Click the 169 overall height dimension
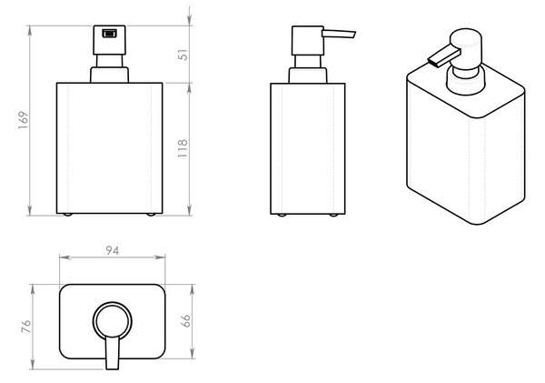pyautogui.click(x=24, y=120)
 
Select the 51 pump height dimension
pyautogui.click(x=183, y=55)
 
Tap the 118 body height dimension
pyautogui.click(x=183, y=148)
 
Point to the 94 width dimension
pyautogui.click(x=113, y=250)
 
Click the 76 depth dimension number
pyautogui.click(x=26, y=327)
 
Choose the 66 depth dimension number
pyautogui.click(x=185, y=320)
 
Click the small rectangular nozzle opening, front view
pyautogui.click(x=109, y=34)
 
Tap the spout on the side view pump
pyautogui.click(x=339, y=34)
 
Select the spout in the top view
pyautogui.click(x=113, y=352)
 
